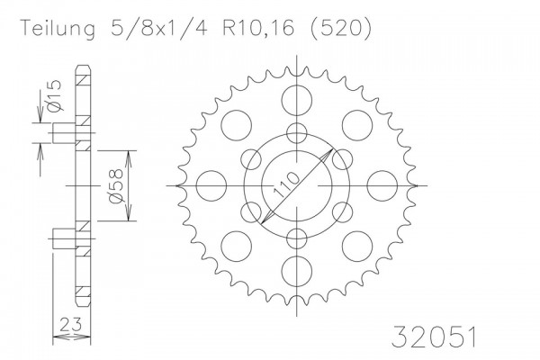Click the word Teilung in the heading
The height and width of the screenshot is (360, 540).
click(x=58, y=29)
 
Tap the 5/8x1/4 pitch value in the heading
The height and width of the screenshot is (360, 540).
click(x=158, y=28)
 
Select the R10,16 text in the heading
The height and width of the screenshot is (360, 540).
click(x=259, y=28)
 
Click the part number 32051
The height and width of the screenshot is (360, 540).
click(x=434, y=337)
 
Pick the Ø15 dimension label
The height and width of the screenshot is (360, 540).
click(x=54, y=96)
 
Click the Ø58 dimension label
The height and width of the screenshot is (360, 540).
click(x=115, y=185)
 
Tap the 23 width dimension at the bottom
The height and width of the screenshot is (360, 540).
click(x=71, y=324)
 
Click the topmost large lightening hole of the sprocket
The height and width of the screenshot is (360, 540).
click(x=296, y=101)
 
